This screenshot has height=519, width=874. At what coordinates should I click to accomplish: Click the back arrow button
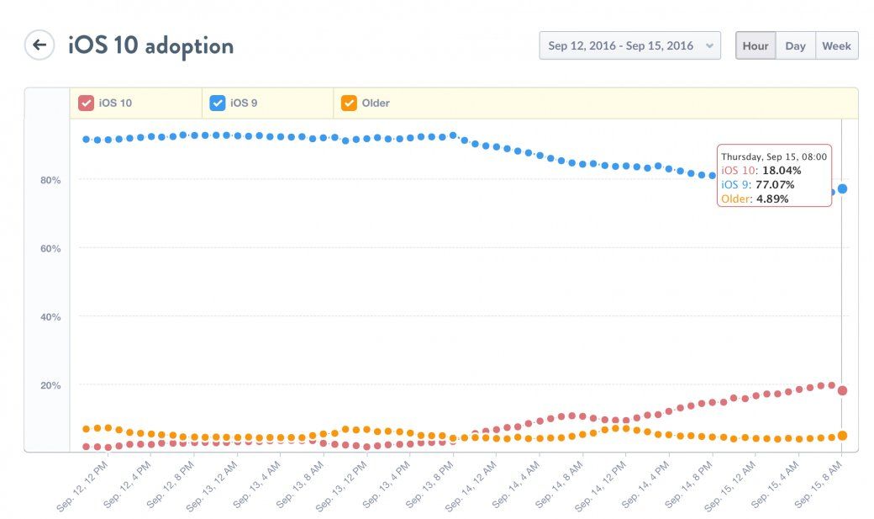[x=39, y=45]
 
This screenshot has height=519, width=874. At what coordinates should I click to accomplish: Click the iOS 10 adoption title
[x=150, y=45]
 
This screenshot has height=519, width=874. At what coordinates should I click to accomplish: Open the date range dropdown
[x=629, y=45]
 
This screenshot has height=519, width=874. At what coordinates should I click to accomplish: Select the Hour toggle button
[x=755, y=45]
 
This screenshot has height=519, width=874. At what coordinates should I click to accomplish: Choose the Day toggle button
[x=795, y=45]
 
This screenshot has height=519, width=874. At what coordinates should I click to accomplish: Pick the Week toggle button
[x=836, y=45]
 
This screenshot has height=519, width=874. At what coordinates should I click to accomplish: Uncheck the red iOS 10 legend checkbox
[x=86, y=103]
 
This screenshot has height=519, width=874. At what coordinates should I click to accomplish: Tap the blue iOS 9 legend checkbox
[x=217, y=103]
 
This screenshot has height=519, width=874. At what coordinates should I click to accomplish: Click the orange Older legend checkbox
[x=349, y=103]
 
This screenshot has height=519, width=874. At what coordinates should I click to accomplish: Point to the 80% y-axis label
[x=50, y=180]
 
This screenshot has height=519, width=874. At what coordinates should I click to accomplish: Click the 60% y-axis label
[x=50, y=248]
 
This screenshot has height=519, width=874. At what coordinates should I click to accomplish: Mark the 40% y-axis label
[x=50, y=317]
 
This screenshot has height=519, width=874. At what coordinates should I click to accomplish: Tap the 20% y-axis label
[x=50, y=385]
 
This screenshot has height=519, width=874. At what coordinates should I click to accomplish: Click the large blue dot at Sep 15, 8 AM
[x=842, y=188]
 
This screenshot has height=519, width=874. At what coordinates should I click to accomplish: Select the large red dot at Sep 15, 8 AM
[x=842, y=390]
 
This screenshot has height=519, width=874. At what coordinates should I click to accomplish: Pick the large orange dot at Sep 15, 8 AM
[x=842, y=436]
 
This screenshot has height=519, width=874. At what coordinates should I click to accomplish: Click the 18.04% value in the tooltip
[x=782, y=170]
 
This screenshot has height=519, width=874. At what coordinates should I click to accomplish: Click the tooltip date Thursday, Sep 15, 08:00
[x=774, y=156]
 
